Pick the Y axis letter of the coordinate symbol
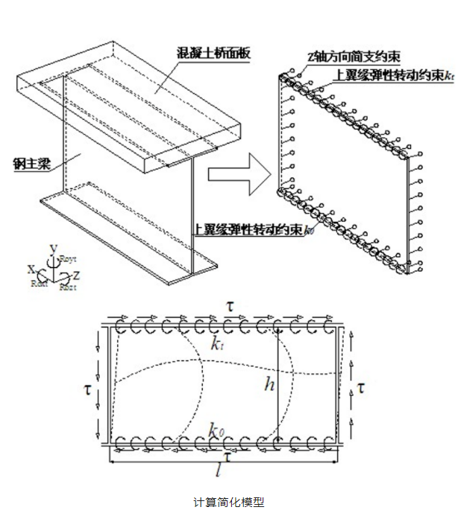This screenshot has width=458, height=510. [x=51, y=247]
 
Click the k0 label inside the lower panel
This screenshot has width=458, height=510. [x=216, y=429]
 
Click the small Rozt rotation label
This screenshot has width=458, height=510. [x=67, y=285]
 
